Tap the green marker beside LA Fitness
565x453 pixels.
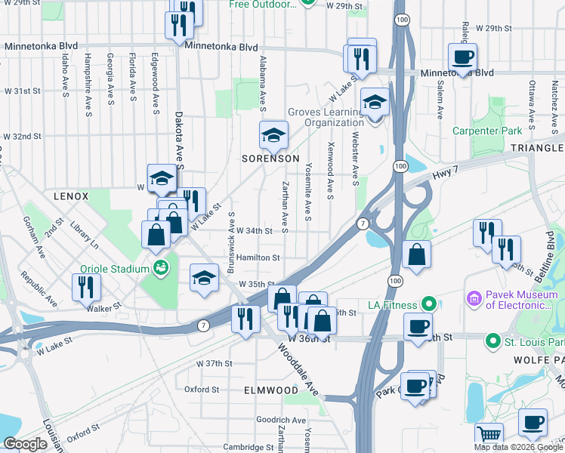pos(429,305)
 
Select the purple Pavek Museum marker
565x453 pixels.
pos(474,300)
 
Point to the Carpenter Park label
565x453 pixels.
pos(486,131)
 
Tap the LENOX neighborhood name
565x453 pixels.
pos(71,196)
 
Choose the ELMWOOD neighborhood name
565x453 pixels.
pos(271,390)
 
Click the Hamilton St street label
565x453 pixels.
pos(258,257)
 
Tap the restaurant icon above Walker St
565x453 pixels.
pos(86,287)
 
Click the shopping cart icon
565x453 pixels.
pos(489,436)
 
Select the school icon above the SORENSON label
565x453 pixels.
pos(273,136)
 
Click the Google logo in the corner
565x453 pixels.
pos(25,444)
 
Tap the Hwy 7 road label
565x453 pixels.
pos(446,174)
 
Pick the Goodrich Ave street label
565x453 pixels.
pos(280,420)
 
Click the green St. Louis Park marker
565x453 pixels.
pos(492,341)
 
